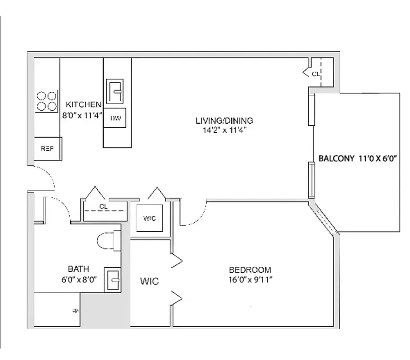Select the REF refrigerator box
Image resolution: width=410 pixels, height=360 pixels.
(47, 148)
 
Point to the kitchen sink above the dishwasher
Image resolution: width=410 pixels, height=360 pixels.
(115, 91)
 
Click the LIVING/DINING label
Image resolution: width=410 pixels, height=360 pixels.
(224, 121)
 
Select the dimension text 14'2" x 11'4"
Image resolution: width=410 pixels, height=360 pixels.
(224, 130)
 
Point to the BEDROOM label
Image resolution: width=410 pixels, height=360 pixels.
(250, 270)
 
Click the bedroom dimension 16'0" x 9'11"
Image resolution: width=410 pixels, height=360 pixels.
(250, 279)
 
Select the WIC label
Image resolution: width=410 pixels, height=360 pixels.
(149, 282)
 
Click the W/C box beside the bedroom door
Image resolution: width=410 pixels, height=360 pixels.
(150, 218)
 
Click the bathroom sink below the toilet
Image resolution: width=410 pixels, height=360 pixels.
(113, 280)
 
